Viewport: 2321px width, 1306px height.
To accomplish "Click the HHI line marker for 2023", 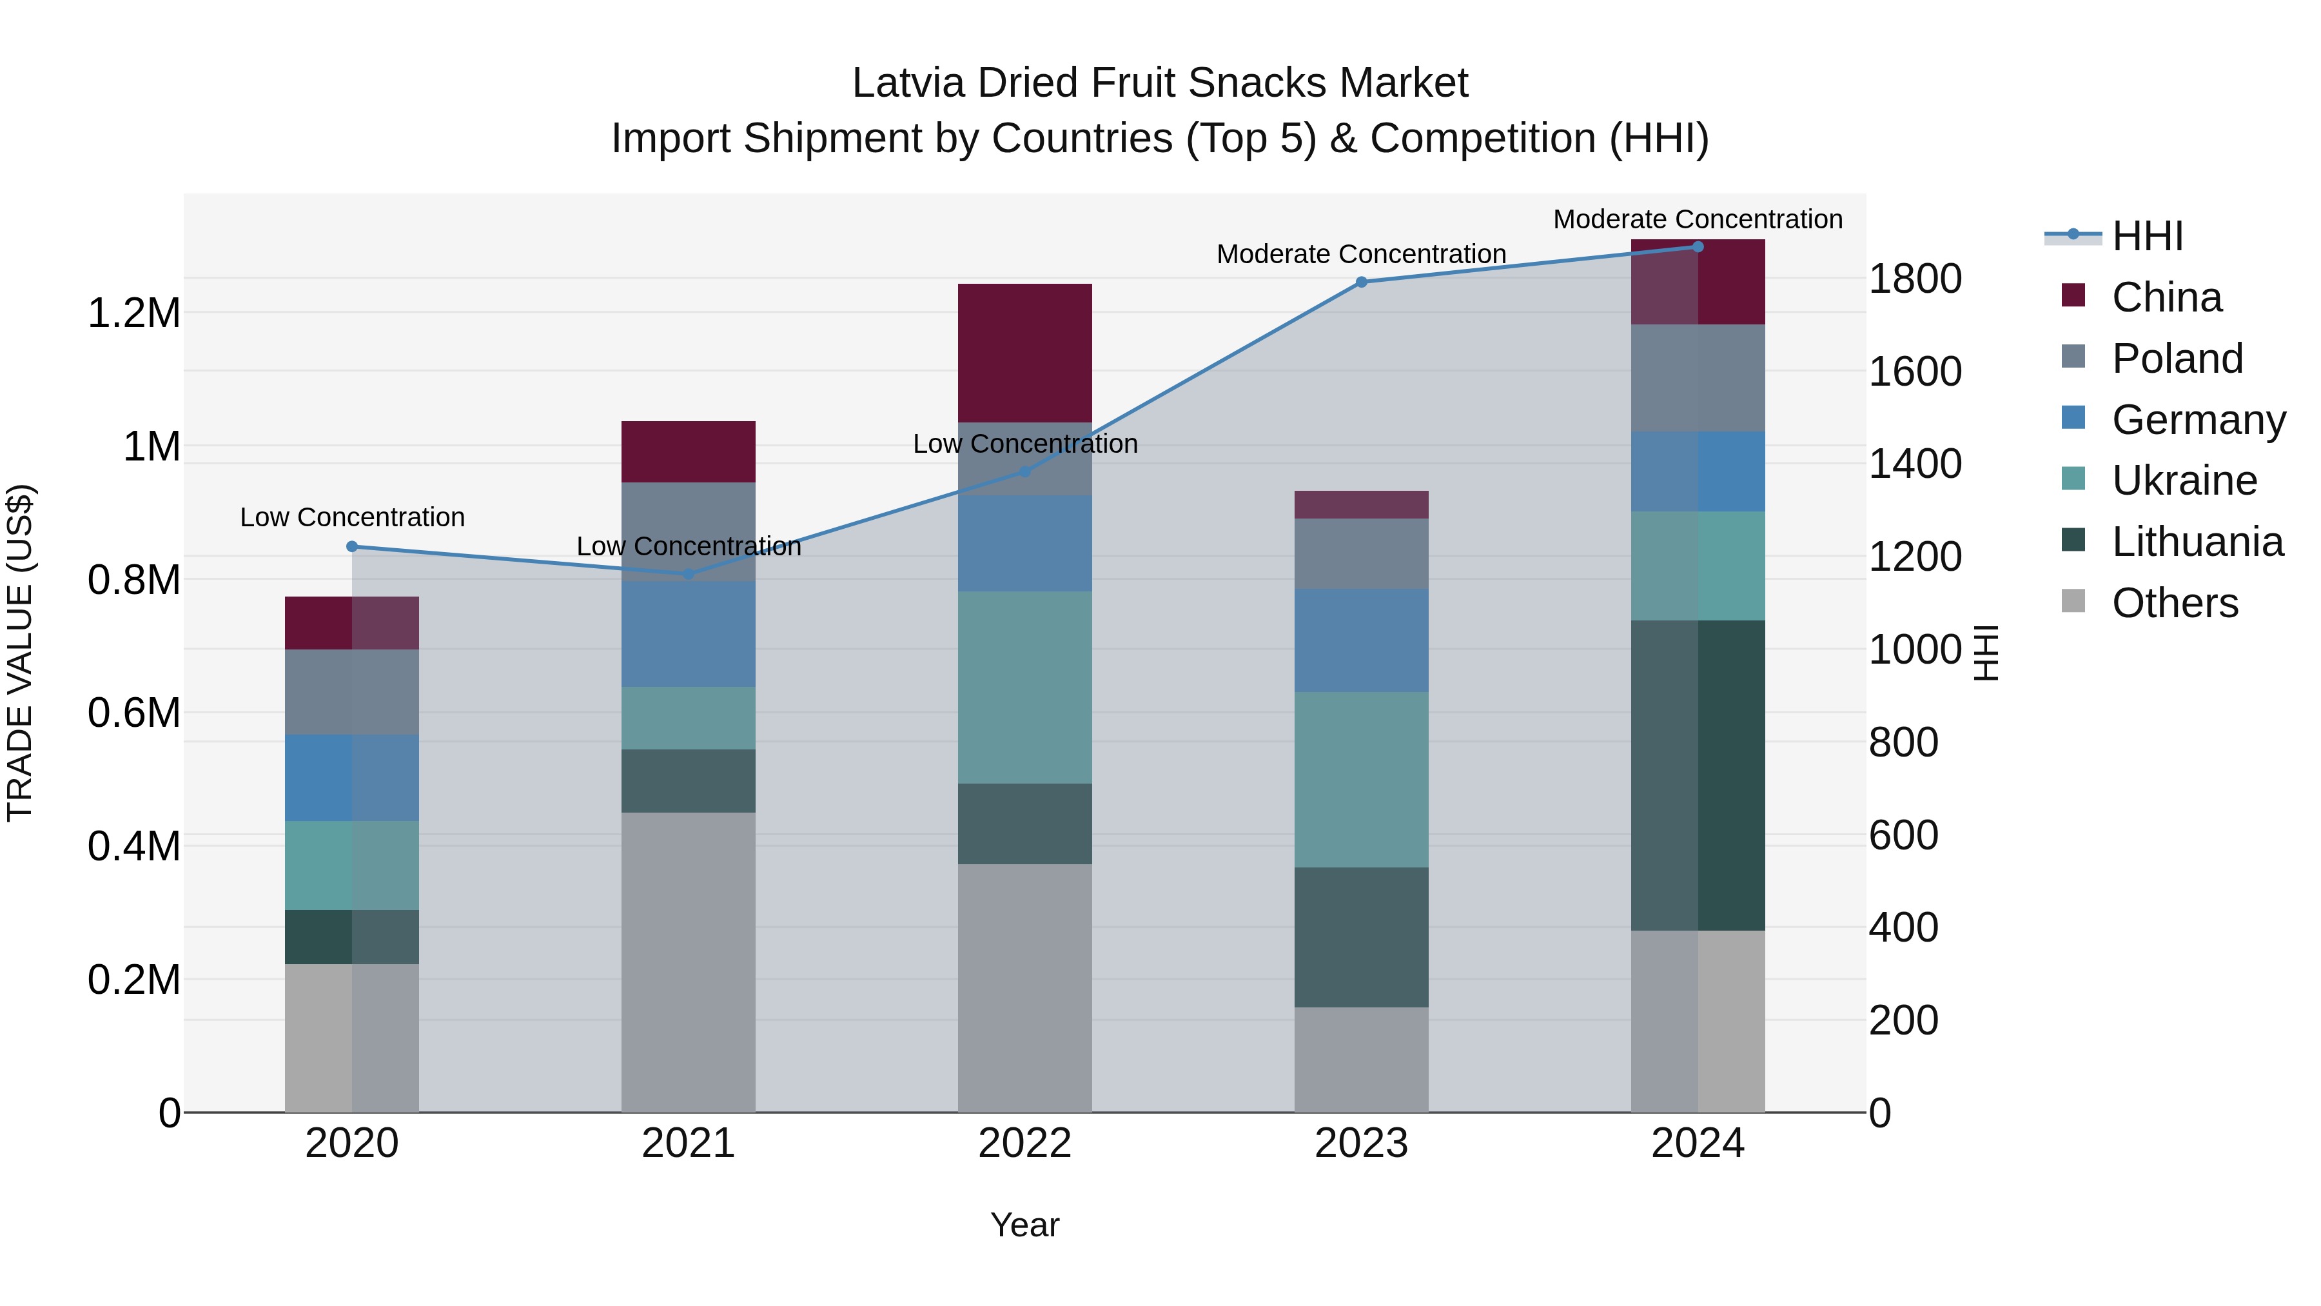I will click(1362, 282).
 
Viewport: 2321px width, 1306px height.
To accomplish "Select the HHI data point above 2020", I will click(352, 546).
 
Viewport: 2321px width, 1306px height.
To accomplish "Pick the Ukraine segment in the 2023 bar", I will click(1362, 780).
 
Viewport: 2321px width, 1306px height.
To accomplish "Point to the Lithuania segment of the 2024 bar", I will click(1698, 775).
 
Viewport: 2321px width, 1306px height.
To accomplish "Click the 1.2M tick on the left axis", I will click(133, 313).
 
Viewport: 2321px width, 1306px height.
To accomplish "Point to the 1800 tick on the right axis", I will click(1915, 279).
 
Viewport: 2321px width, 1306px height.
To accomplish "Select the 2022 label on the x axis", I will click(1024, 1143).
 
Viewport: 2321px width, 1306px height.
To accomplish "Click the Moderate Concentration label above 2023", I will click(1362, 254).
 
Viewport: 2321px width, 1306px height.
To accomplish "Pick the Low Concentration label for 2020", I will click(352, 517).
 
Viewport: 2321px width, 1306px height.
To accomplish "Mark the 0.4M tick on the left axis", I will click(133, 846).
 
